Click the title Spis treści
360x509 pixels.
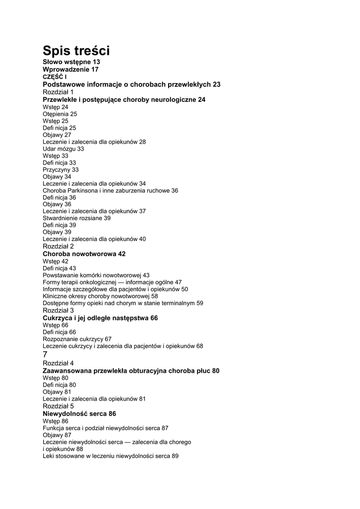click(76, 50)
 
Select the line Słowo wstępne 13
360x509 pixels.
click(71, 62)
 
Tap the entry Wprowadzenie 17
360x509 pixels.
click(71, 70)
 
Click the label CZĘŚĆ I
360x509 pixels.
click(55, 77)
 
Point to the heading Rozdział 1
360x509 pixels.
click(58, 92)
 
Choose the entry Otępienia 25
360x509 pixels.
click(60, 114)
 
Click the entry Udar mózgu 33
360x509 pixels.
click(63, 149)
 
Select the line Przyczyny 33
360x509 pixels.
click(61, 170)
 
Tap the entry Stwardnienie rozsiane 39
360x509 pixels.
click(77, 218)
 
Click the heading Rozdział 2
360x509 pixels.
click(58, 246)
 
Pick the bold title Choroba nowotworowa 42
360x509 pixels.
click(84, 254)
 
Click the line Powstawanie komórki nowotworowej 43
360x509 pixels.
click(96, 275)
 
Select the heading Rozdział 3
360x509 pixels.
click(58, 310)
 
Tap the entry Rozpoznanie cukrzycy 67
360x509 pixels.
click(77, 339)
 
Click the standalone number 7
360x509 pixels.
click(45, 354)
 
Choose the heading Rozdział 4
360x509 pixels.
click(58, 363)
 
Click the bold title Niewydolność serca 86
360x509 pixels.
click(80, 414)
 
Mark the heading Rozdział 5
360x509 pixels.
click(58, 406)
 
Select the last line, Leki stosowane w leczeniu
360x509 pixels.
click(110, 456)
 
